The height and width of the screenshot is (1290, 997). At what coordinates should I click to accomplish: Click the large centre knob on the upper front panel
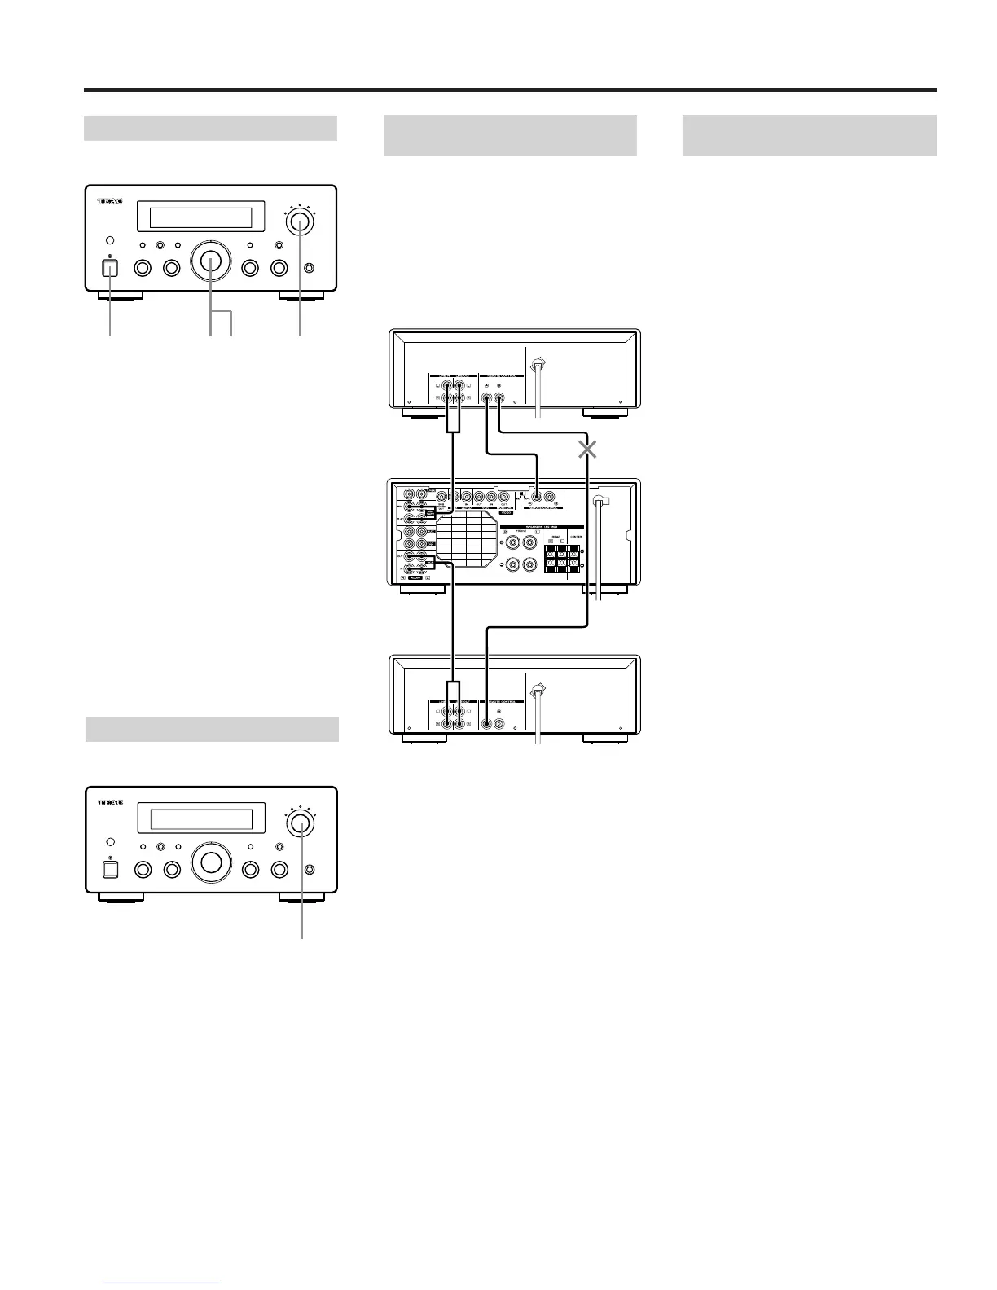(x=211, y=261)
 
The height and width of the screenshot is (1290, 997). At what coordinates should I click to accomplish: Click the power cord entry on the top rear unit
(x=538, y=367)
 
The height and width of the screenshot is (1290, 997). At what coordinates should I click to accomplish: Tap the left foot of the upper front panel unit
(x=121, y=297)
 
